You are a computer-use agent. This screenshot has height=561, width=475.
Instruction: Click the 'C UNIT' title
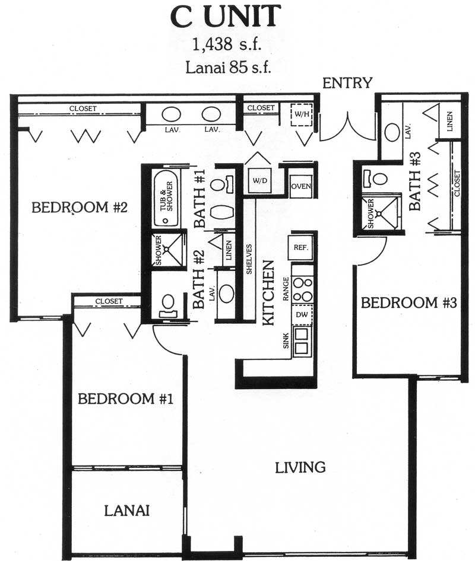pyautogui.click(x=225, y=16)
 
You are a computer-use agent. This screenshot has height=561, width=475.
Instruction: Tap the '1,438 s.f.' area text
pyautogui.click(x=227, y=44)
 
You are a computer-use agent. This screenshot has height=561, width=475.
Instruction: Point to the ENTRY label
pyautogui.click(x=347, y=83)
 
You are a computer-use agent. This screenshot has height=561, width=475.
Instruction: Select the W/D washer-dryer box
pyautogui.click(x=259, y=180)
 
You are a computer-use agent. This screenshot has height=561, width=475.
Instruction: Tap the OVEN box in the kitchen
pyautogui.click(x=301, y=186)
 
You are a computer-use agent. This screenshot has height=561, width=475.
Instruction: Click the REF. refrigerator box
pyautogui.click(x=301, y=247)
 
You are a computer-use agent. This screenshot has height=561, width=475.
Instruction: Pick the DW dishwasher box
pyautogui.click(x=302, y=315)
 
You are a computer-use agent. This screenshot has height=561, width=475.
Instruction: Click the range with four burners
pyautogui.click(x=303, y=289)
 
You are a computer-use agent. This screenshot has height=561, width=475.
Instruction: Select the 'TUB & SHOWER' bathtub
pyautogui.click(x=166, y=197)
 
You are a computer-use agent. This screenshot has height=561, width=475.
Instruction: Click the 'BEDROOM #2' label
pyautogui.click(x=80, y=207)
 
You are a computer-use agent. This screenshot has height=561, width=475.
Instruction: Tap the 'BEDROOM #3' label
pyautogui.click(x=408, y=302)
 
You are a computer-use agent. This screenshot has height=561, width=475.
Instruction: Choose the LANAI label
pyautogui.click(x=127, y=511)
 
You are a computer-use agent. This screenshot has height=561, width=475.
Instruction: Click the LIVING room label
pyautogui.click(x=300, y=467)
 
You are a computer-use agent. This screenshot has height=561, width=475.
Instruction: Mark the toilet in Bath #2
pyautogui.click(x=167, y=306)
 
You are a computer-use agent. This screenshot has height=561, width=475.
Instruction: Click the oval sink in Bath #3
pyautogui.click(x=392, y=132)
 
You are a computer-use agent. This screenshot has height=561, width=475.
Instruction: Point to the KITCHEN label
pyautogui.click(x=268, y=293)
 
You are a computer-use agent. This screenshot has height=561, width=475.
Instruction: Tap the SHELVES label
pyautogui.click(x=249, y=259)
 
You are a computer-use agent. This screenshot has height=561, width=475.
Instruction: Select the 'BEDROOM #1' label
pyautogui.click(x=126, y=399)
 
